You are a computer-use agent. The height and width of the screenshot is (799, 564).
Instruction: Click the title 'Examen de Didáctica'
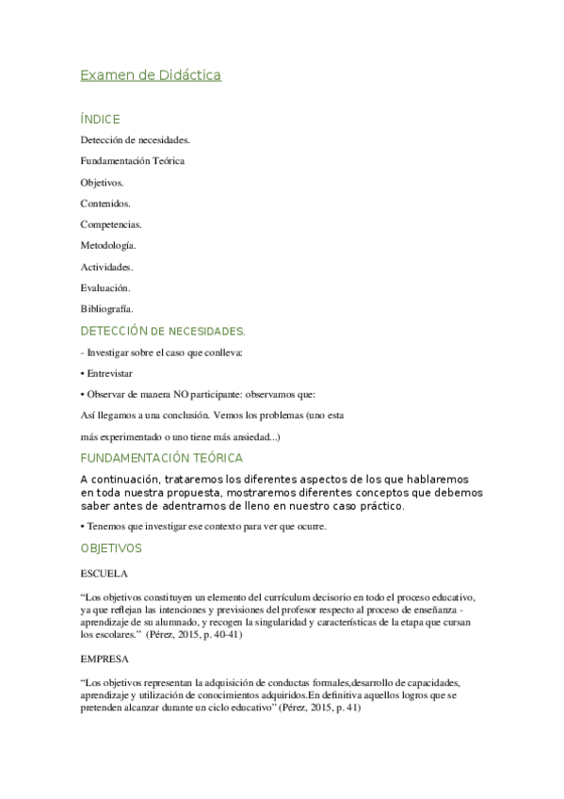click(x=151, y=75)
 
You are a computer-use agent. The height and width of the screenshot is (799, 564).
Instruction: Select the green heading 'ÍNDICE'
click(x=100, y=120)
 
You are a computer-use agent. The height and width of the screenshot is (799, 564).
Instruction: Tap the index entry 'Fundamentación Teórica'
click(x=133, y=160)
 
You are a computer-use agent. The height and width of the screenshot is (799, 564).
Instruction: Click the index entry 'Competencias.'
click(x=112, y=224)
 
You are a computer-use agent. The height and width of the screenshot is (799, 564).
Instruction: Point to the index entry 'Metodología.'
click(x=108, y=245)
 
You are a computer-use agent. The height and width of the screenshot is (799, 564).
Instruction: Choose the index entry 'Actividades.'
click(x=106, y=267)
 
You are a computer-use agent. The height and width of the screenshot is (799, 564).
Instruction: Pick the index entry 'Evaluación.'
click(x=105, y=287)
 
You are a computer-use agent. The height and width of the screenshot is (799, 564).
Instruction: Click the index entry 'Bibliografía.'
click(x=107, y=309)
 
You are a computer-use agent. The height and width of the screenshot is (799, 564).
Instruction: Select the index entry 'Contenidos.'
click(x=105, y=203)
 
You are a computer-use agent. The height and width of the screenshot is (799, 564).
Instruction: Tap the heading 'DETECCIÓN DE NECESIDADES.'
click(x=163, y=331)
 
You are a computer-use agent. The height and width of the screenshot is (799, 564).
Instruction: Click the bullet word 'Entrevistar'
click(x=109, y=373)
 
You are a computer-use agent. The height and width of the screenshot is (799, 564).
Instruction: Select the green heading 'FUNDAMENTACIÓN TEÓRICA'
click(x=162, y=458)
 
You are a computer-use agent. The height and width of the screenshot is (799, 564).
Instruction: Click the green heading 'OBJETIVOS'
click(x=111, y=547)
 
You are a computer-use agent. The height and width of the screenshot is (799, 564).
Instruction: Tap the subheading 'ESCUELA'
click(x=105, y=572)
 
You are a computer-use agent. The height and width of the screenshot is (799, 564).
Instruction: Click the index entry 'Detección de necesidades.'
click(x=136, y=139)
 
